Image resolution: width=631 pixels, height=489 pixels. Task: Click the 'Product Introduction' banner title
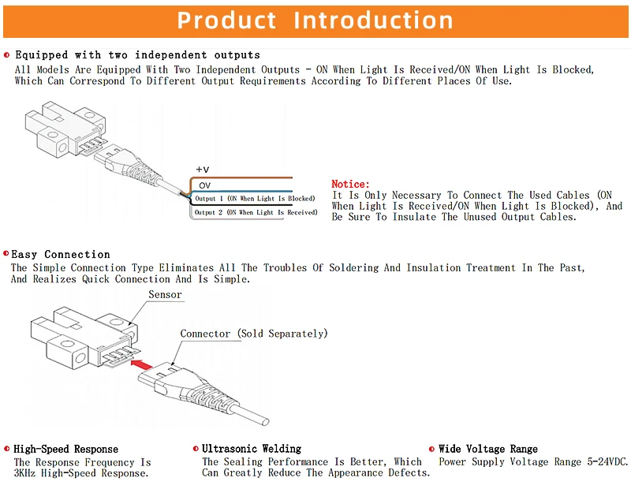(315, 20)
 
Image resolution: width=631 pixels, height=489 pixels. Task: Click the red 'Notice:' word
(350, 184)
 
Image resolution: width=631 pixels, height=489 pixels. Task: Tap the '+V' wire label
(203, 170)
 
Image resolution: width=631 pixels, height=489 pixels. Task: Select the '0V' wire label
(204, 185)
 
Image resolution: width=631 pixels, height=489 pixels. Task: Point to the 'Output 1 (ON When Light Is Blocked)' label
(255, 199)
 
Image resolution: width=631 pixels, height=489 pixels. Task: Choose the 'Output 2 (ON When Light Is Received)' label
(256, 212)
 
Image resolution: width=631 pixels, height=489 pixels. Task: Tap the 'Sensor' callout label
(166, 295)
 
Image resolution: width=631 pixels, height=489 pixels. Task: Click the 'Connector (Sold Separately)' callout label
(253, 334)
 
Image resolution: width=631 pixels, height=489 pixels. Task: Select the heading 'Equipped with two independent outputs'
(137, 55)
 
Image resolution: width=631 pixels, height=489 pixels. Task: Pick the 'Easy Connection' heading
(61, 254)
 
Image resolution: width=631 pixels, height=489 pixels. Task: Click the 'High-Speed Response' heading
(65, 449)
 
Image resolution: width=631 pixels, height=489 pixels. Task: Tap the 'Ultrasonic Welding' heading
(252, 449)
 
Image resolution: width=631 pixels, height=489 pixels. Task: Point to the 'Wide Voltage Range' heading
(488, 449)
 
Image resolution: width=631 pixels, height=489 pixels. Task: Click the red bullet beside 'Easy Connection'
(6, 254)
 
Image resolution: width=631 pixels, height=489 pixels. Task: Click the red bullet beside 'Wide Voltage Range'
(431, 449)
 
